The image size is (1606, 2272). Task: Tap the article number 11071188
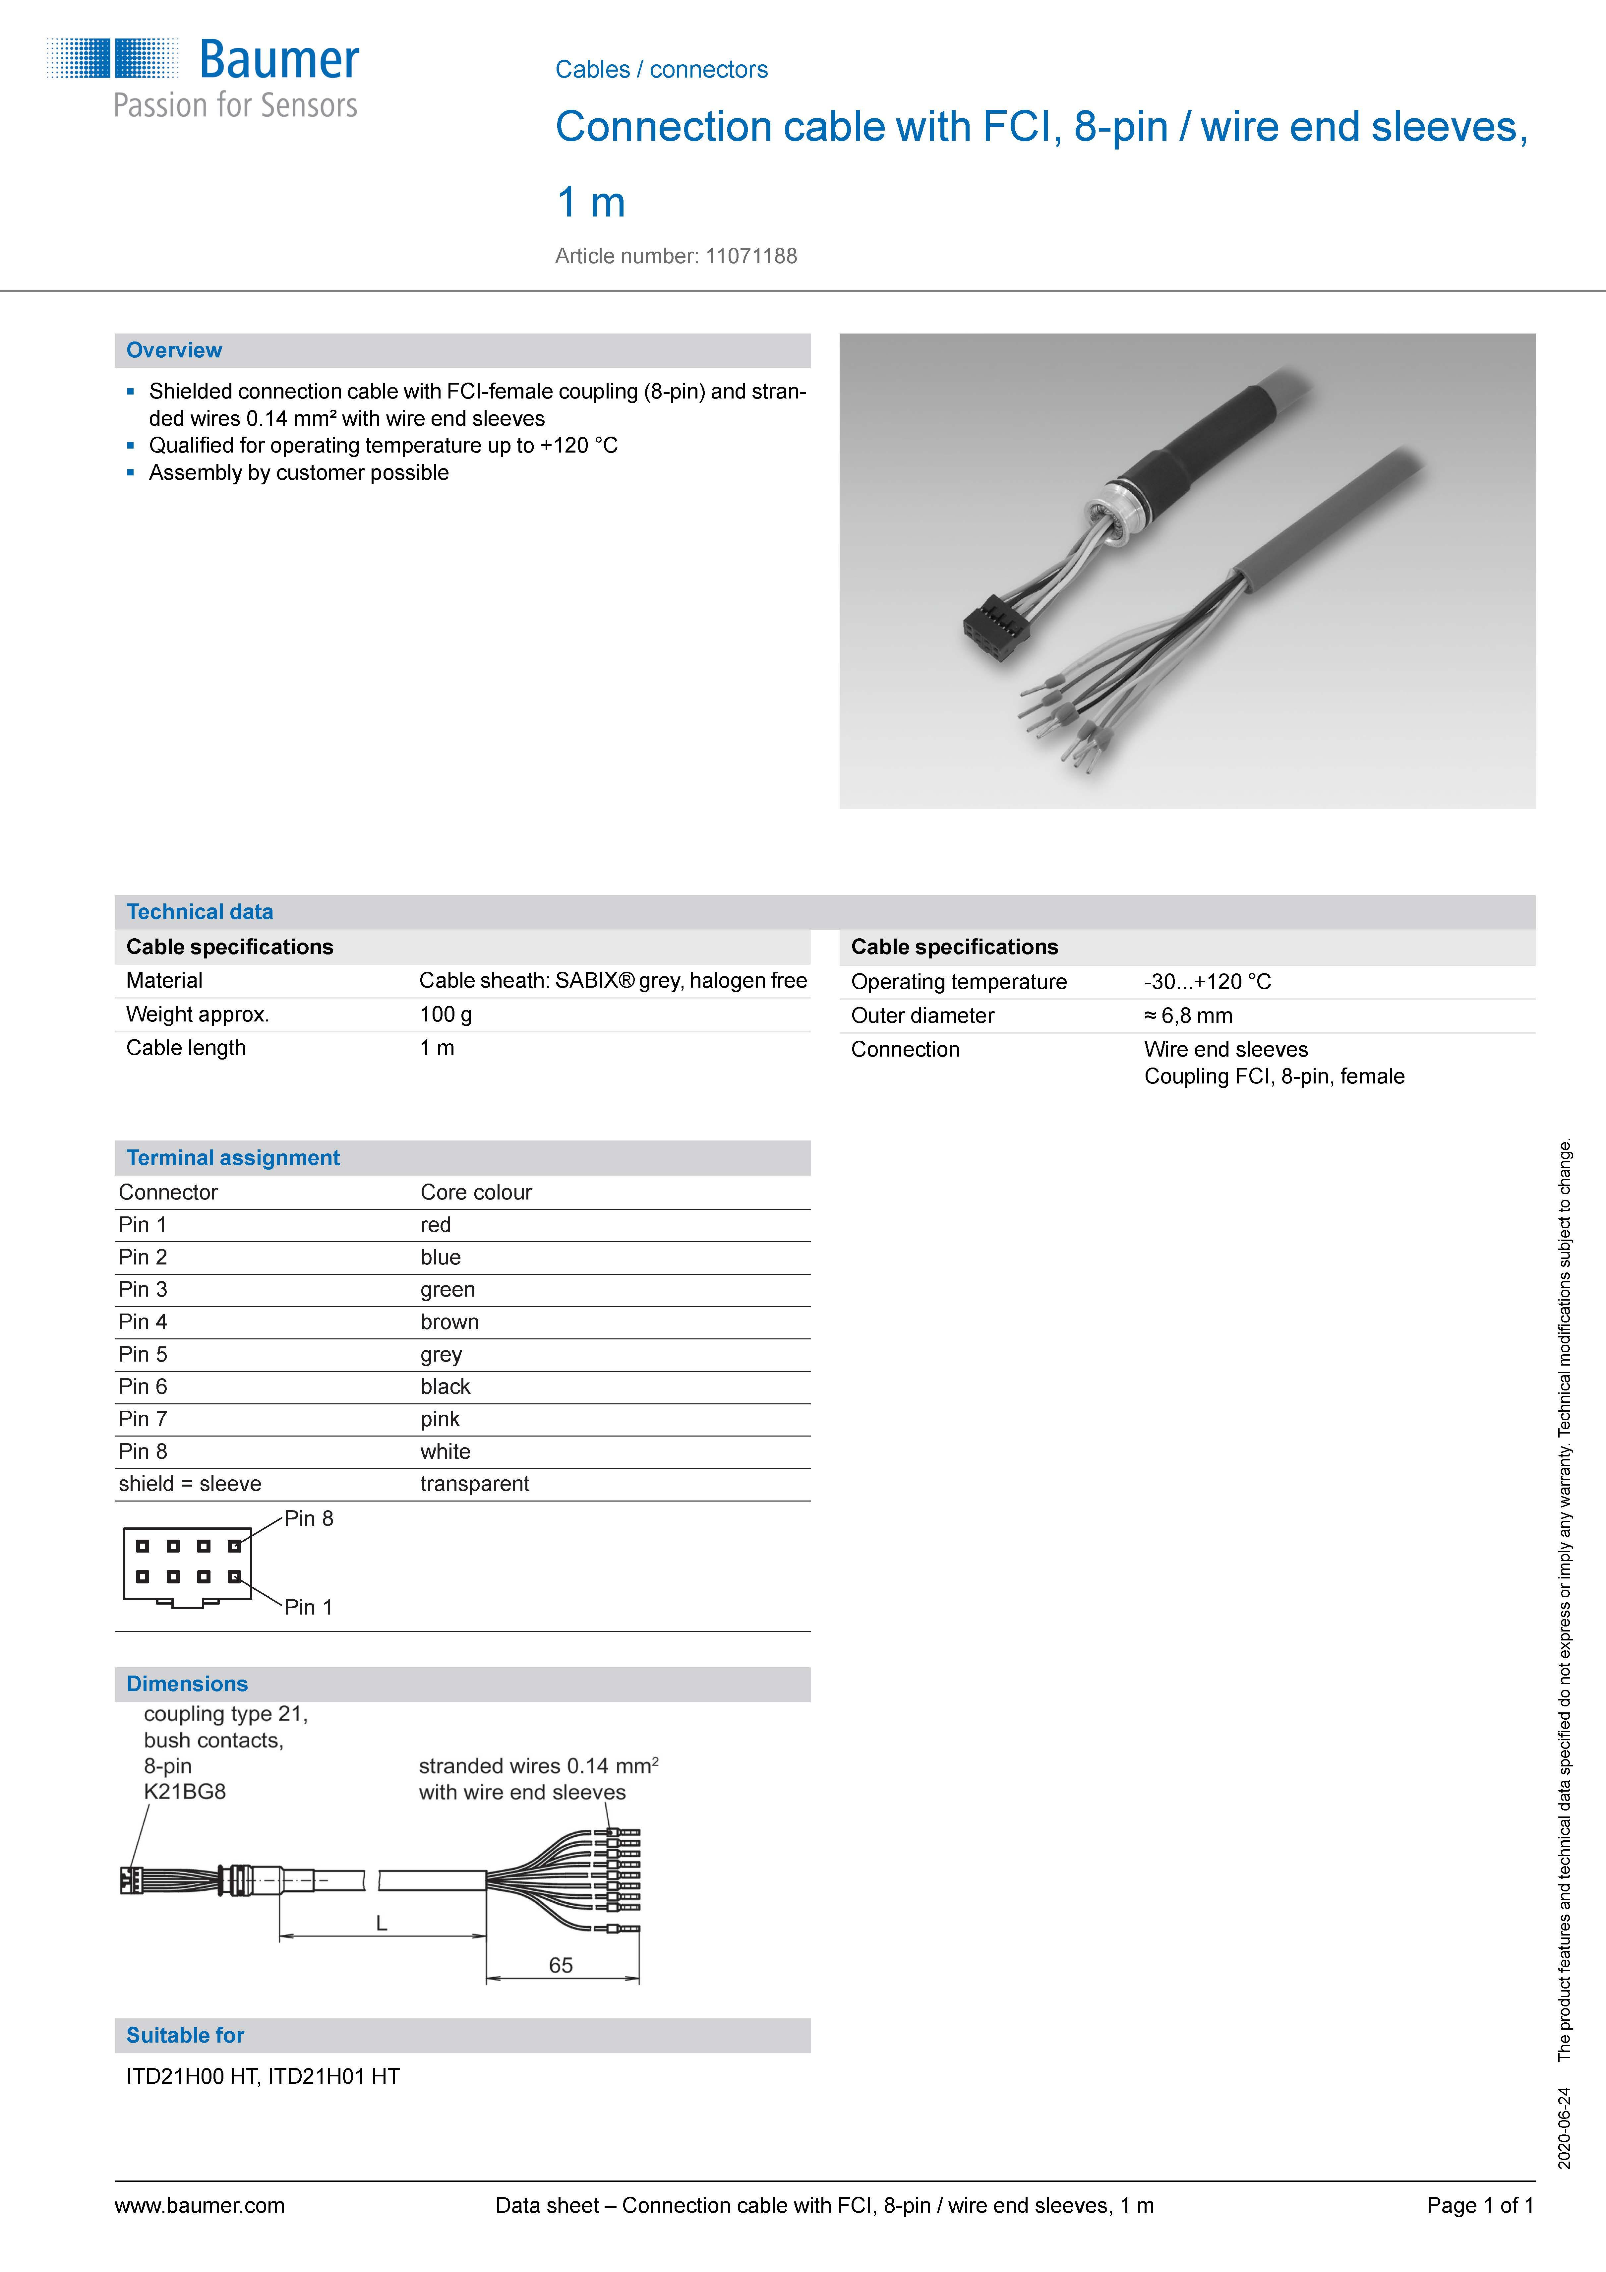751,256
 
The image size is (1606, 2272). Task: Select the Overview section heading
174,350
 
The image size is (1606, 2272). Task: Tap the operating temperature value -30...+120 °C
1207,982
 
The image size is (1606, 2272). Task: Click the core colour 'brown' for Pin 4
449,1322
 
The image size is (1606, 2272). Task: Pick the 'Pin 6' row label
143,1386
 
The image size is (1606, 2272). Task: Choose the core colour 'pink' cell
439,1419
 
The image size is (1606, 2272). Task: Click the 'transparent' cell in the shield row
474,1483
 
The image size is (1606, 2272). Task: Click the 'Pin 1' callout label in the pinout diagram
309,1607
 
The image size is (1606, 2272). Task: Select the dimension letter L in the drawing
381,1924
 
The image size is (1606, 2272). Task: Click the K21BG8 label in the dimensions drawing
185,1792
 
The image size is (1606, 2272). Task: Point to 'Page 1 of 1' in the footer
1479,2206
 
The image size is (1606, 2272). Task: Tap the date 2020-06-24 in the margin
1564,2127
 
